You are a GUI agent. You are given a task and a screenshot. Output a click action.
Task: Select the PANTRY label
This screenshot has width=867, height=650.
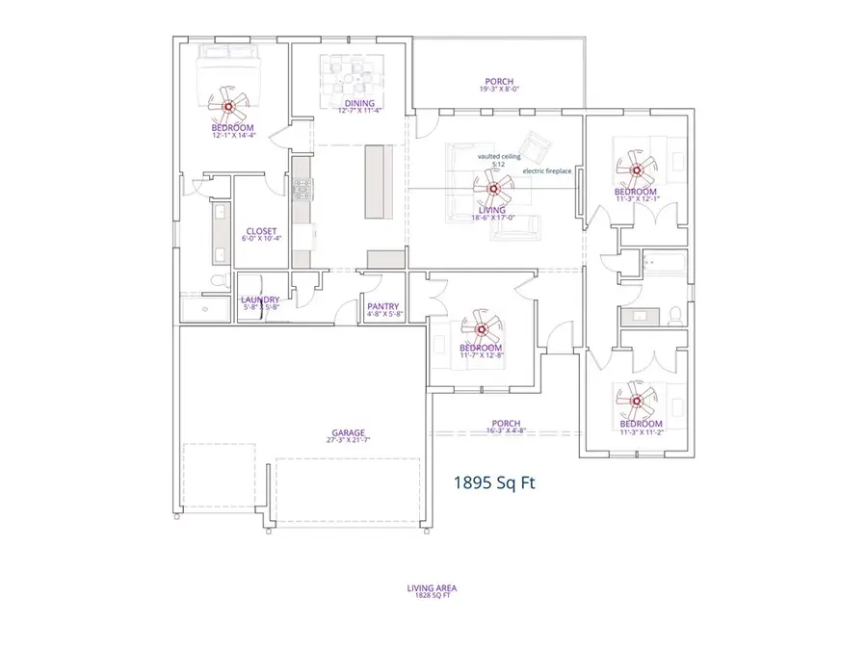click(382, 309)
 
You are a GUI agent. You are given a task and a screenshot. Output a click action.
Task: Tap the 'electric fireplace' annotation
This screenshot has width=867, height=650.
click(546, 171)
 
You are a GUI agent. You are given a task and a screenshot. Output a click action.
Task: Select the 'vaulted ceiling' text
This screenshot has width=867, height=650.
click(498, 156)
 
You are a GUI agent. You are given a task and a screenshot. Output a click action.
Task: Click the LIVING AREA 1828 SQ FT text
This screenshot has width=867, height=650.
click(432, 590)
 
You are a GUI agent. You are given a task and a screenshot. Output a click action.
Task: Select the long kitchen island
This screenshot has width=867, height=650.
click(378, 182)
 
